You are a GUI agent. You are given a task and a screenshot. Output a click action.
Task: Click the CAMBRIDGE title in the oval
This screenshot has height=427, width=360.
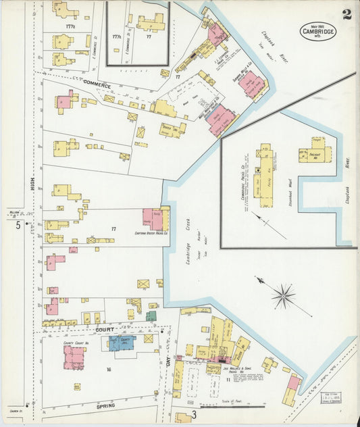tap(318, 31)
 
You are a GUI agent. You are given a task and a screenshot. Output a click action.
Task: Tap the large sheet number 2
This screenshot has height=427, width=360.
tap(346, 14)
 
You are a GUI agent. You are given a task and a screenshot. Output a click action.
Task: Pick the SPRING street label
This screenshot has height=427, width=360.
tap(105, 405)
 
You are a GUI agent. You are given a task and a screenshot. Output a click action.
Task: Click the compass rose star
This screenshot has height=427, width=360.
tap(283, 295)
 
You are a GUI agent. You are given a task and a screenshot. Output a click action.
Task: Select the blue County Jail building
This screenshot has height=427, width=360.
tap(122, 343)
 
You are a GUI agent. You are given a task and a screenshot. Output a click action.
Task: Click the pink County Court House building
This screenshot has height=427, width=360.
tap(74, 356)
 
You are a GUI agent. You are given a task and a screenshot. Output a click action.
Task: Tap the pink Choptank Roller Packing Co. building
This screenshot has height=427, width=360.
tap(152, 220)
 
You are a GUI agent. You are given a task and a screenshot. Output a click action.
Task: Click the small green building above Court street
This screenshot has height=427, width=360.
tap(151, 316)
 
